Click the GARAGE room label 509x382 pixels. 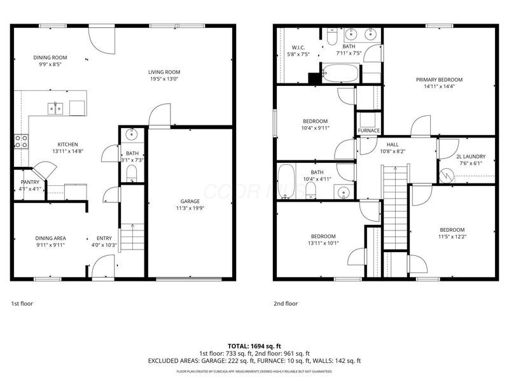[190, 201]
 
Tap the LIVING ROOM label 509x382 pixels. [165, 72]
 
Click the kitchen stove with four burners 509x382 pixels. [22, 141]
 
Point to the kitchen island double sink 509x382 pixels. [55, 108]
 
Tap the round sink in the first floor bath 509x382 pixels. [132, 134]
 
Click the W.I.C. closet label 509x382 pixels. [299, 47]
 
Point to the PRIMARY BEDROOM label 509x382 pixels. [439, 80]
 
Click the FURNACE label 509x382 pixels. [368, 131]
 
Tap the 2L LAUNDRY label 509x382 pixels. [470, 156]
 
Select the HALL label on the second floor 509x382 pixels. [393, 145]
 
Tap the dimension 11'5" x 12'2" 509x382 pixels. [452, 237]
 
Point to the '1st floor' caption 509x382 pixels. [22, 304]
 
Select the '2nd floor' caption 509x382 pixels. [286, 304]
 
